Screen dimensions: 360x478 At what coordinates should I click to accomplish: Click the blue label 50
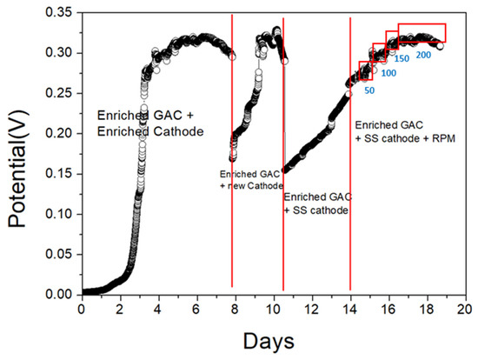click(x=368, y=90)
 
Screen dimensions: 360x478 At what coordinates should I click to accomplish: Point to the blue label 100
click(x=388, y=74)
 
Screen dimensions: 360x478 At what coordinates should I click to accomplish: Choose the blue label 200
click(x=424, y=55)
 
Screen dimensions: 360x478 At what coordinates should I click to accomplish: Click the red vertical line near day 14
click(x=350, y=174)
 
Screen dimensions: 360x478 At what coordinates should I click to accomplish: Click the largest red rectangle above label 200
click(x=422, y=33)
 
